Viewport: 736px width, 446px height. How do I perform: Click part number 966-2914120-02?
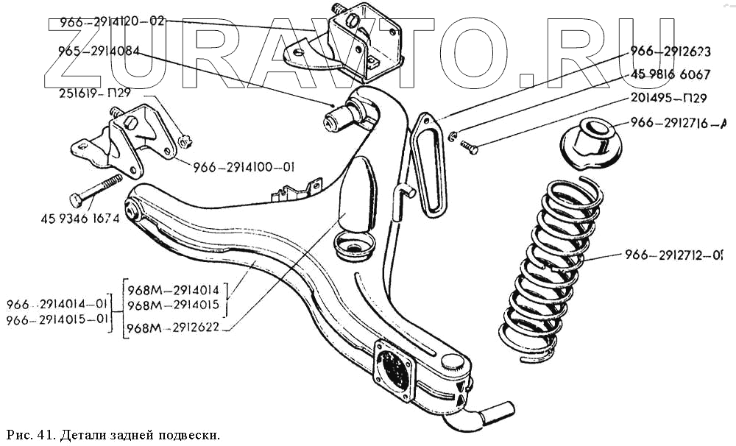107,22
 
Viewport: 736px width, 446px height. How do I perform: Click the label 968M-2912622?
177,328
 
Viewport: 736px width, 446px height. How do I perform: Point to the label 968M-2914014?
177,289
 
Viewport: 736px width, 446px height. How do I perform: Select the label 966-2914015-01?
57,319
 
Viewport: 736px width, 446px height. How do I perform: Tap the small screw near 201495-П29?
469,149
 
